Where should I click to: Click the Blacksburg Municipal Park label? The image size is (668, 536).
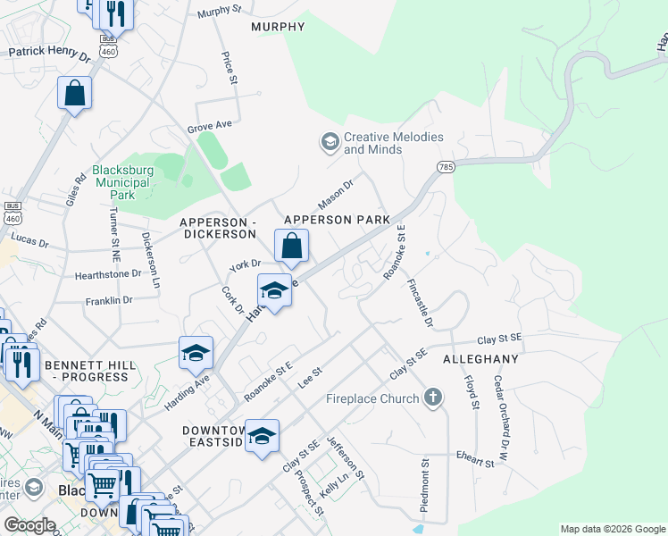(x=122, y=182)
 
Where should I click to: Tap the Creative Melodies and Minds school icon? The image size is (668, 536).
(x=330, y=142)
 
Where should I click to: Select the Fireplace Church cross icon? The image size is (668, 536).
(x=433, y=398)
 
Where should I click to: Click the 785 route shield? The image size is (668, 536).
(x=446, y=167)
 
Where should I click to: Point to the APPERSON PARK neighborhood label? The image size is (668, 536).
(x=337, y=220)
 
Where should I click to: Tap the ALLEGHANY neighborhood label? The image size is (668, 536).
(x=480, y=358)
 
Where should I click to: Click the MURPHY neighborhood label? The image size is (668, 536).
(x=278, y=27)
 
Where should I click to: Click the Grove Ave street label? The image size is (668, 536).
(x=210, y=127)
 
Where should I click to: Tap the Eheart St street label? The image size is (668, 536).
(x=473, y=461)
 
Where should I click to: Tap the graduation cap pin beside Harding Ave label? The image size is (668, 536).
(x=196, y=353)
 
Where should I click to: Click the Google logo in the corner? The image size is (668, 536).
(x=29, y=525)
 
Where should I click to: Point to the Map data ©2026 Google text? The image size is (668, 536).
(x=611, y=529)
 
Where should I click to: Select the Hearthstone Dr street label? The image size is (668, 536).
(x=108, y=275)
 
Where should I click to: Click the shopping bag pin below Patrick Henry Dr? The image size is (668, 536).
(x=75, y=93)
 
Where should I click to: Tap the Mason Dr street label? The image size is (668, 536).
(x=337, y=194)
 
